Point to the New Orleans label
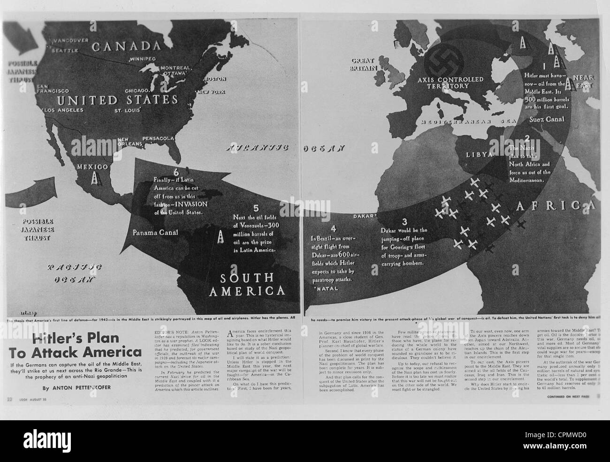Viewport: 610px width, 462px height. (130, 142)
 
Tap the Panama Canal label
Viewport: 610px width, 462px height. (155, 232)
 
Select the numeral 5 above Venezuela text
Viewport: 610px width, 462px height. (256, 208)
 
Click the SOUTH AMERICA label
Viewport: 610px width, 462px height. (247, 285)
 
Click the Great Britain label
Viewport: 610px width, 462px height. (366, 64)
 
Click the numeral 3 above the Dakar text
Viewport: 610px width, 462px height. (404, 221)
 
